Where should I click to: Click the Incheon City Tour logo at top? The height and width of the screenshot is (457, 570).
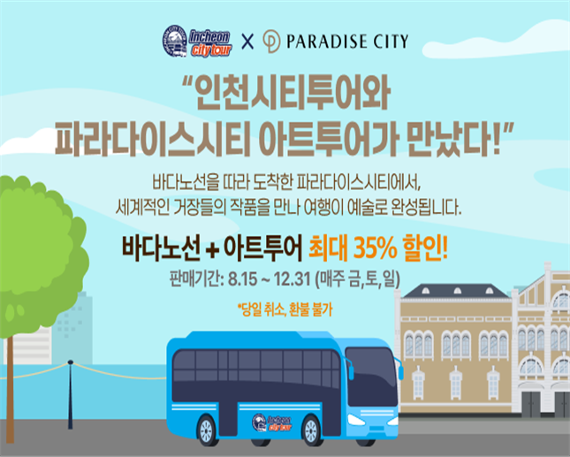coord(197,41)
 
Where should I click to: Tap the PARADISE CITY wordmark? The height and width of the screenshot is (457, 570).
coord(347,41)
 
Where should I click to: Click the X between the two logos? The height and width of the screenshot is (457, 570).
coord(247,42)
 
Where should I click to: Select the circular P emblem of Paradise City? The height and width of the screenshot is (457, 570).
coord(271,42)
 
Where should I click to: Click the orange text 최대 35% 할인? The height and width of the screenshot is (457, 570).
coord(378,249)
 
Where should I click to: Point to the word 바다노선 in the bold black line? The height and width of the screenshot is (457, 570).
coord(161,249)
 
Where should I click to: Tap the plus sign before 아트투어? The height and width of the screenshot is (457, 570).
coord(211,252)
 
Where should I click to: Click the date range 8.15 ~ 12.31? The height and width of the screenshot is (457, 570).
coord(270,279)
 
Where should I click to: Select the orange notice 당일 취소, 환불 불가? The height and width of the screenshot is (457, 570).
coord(285,310)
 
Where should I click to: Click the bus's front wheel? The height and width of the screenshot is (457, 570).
coord(312,430)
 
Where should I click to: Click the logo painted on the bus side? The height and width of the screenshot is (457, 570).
coord(272,423)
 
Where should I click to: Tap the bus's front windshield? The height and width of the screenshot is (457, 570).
coord(371,377)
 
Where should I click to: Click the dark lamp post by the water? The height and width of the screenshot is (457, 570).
coord(70,394)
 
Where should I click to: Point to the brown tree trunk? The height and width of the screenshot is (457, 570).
coord(10,389)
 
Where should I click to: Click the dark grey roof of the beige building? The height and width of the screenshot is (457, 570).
coord(457,291)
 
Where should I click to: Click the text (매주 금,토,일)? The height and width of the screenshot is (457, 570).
coord(358,279)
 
